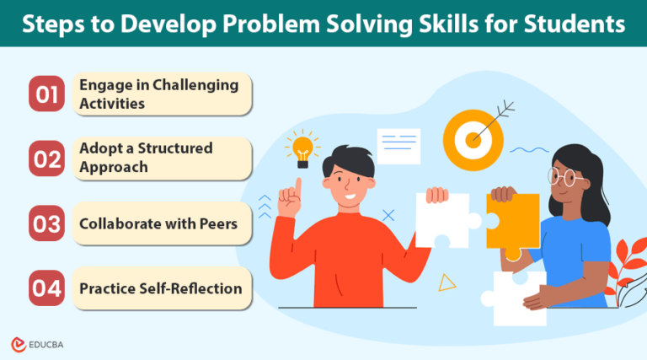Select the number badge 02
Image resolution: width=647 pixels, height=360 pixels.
point(48,158)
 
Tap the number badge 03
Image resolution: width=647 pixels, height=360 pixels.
point(48,223)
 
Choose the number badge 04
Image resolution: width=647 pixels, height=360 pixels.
point(48,289)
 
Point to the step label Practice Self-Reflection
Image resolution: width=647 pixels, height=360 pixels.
point(160,289)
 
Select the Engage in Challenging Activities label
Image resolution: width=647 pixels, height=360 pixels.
point(158,94)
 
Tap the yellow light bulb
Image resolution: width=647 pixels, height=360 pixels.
point(302,148)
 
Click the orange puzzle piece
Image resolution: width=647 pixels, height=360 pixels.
point(512,221)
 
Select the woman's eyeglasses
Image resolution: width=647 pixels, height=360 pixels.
point(564,178)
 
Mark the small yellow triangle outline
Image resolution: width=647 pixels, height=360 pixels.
point(447,282)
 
